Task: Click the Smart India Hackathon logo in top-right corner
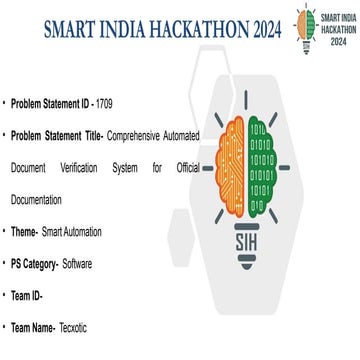[x=323, y=26]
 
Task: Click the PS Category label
[x=34, y=264]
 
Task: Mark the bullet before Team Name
[x=4, y=327]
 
